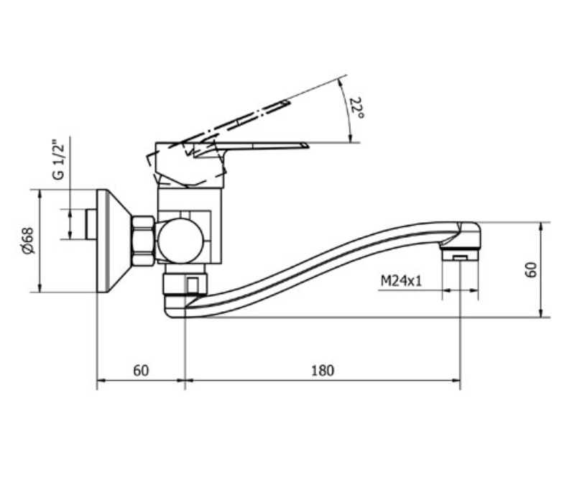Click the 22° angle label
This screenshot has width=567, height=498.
point(357,108)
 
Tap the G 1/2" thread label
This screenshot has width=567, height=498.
point(58,160)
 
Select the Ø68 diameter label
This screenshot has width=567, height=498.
point(28,241)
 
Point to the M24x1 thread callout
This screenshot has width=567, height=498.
point(401,281)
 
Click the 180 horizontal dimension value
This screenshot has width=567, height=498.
point(323,371)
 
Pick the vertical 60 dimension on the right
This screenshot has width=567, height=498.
point(531,269)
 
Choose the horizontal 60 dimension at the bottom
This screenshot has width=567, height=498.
point(141,371)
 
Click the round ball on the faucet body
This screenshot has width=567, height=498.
point(180,241)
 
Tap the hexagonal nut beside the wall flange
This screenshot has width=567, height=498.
point(143,241)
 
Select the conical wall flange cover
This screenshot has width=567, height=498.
point(113,241)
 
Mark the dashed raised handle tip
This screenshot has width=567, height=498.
point(287,103)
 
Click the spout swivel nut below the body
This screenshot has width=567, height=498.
point(185,285)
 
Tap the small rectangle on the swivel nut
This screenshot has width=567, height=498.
point(193,285)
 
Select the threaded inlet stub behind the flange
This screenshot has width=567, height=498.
point(91,224)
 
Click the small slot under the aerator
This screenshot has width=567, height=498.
point(460,257)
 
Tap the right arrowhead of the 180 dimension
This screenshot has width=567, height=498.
point(456,380)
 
